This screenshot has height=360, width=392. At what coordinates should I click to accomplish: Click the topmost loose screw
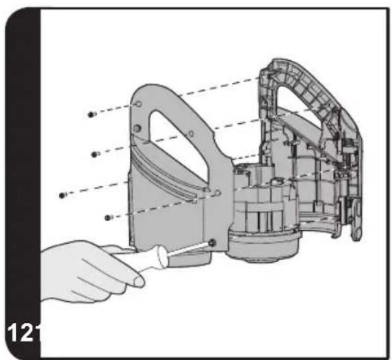92,114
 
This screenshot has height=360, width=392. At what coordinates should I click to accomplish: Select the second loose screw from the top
95,155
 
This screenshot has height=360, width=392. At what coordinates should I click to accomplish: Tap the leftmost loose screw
62,195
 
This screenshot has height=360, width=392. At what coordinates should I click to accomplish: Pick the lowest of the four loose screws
108,218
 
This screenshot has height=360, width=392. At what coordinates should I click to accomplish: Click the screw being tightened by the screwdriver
213,242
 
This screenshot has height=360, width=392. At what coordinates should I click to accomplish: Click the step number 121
23,333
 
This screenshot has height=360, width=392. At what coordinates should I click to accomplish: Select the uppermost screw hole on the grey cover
139,104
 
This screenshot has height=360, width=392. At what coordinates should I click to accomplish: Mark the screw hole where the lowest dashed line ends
218,193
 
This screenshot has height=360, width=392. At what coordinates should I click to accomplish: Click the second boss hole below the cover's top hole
137,129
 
